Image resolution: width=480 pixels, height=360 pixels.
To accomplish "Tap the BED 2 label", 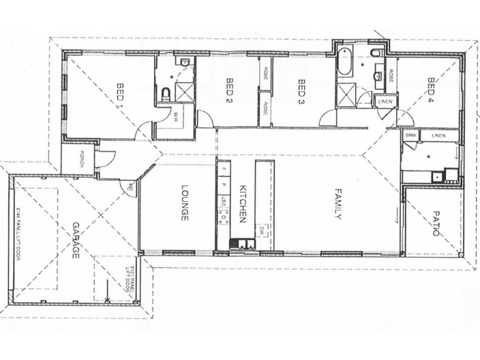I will point(229,91).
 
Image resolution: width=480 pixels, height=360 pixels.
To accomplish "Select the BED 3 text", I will point(302,91).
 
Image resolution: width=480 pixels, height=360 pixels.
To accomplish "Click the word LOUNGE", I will point(185,202).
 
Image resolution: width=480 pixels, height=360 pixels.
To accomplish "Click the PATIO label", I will point(437,223).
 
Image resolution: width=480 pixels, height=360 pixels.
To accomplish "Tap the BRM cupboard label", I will point(410,136).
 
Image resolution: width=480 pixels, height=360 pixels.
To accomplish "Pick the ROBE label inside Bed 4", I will point(391,76).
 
